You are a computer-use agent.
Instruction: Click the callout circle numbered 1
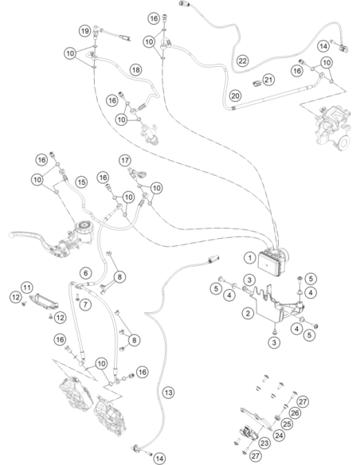[249, 258]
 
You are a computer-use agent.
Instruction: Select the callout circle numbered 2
[248, 313]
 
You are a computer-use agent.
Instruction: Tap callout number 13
[168, 393]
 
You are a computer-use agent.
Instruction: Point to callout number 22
[243, 61]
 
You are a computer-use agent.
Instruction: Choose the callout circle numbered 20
[235, 96]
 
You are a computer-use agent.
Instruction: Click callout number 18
[136, 70]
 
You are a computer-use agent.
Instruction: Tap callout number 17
[125, 160]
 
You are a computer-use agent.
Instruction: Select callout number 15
[81, 182]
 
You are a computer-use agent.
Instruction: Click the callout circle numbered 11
[27, 287]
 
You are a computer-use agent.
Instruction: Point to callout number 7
[85, 305]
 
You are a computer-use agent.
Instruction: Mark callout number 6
[86, 273]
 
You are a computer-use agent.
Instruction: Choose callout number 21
[268, 80]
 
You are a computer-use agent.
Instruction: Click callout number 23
[264, 443]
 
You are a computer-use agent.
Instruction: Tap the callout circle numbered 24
[278, 436]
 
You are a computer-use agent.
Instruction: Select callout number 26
[295, 412]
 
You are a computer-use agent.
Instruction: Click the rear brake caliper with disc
[333, 128]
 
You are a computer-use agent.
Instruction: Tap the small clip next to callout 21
[256, 84]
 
